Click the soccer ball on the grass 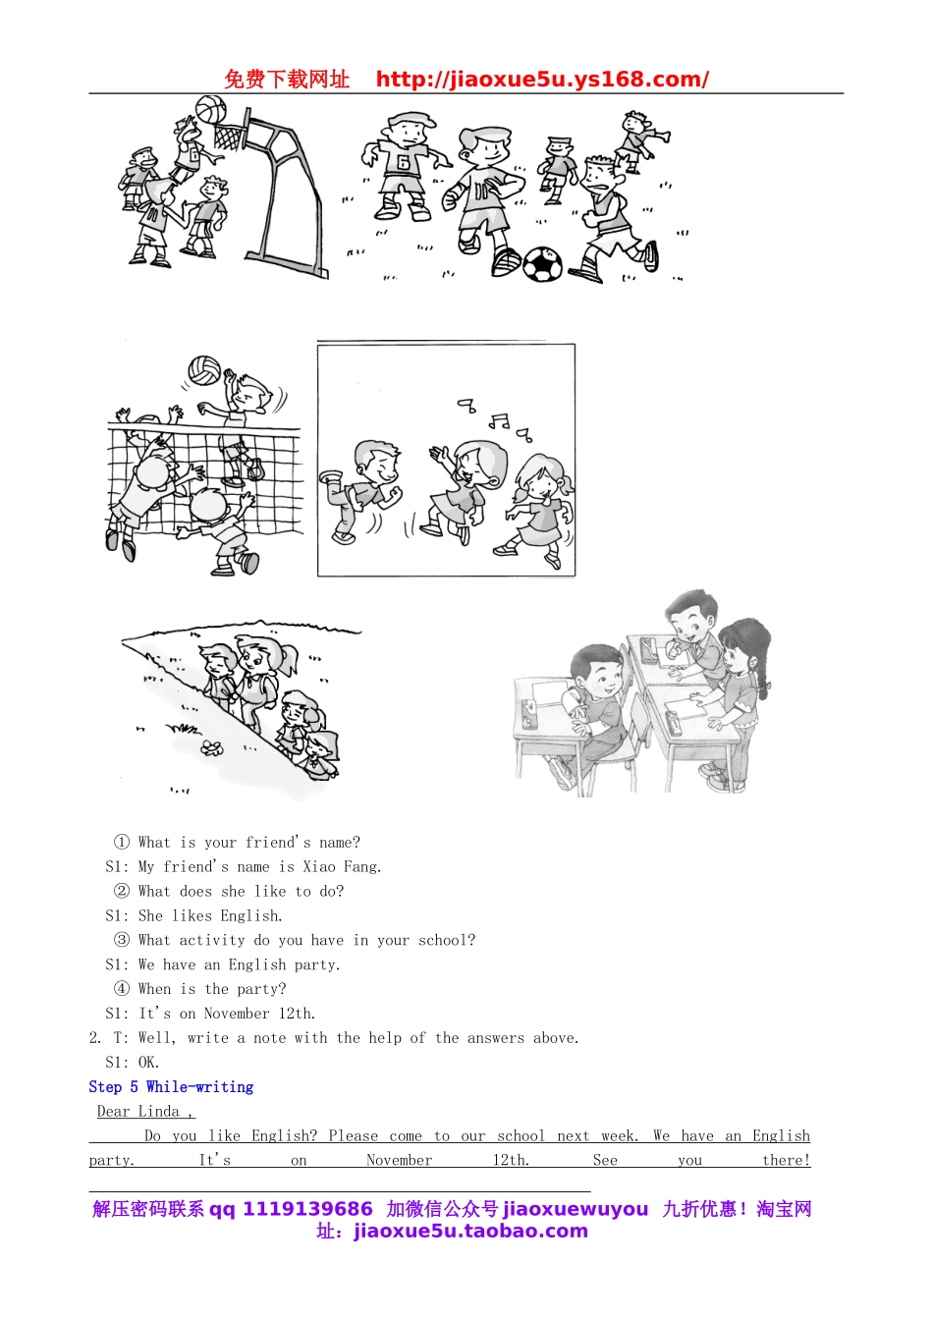click(541, 264)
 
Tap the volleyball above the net click(204, 370)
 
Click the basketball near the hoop click(210, 109)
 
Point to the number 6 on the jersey click(402, 162)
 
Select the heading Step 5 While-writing click(171, 1086)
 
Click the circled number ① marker click(122, 842)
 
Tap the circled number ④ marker click(122, 989)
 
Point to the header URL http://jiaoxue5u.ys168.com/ click(542, 80)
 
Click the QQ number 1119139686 click(307, 1209)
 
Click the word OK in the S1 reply click(148, 1063)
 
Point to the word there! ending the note click(786, 1160)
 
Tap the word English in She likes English click(250, 915)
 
